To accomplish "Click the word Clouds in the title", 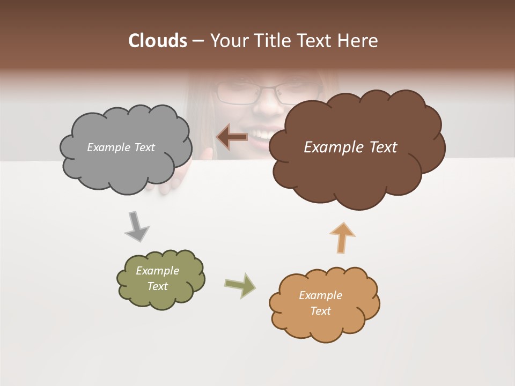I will point(157,41).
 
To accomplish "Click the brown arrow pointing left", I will point(232,137).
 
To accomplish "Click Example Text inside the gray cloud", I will point(121,147).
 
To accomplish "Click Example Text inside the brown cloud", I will point(350,147).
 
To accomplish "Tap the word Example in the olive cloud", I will point(157,271).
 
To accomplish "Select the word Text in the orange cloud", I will point(320,311).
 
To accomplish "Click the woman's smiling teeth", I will point(263,132).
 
